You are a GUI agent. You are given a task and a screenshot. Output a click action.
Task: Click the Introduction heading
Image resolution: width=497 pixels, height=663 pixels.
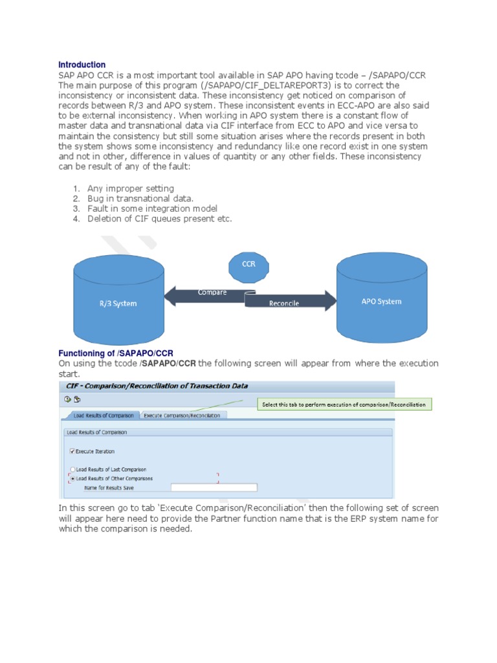[x=82, y=65]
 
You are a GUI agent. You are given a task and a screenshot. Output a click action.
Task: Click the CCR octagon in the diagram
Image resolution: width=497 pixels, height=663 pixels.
[x=248, y=264]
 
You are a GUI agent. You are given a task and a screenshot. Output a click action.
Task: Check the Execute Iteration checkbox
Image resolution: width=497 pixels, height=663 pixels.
[x=72, y=451]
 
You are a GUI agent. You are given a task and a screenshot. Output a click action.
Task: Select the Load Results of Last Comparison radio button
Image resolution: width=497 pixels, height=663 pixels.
[x=72, y=469]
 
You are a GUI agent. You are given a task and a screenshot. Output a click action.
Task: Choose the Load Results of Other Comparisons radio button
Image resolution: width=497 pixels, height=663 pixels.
[x=72, y=478]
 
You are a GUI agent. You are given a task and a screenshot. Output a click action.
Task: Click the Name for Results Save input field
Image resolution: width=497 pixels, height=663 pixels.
[x=214, y=488]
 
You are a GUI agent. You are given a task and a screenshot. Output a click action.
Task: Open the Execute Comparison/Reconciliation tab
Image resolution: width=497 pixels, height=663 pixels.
[x=182, y=415]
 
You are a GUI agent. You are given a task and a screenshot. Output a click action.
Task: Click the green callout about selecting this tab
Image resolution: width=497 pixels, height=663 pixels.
[x=344, y=405]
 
